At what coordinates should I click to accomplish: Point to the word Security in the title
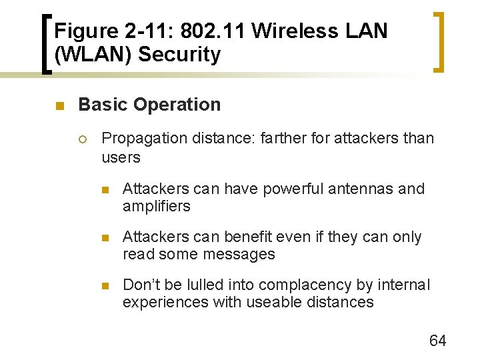[180, 55]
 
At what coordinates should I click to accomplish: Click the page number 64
[437, 341]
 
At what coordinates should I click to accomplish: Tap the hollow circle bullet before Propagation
[82, 139]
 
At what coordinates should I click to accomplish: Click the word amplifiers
[156, 206]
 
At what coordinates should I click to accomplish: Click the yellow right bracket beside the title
[440, 41]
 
